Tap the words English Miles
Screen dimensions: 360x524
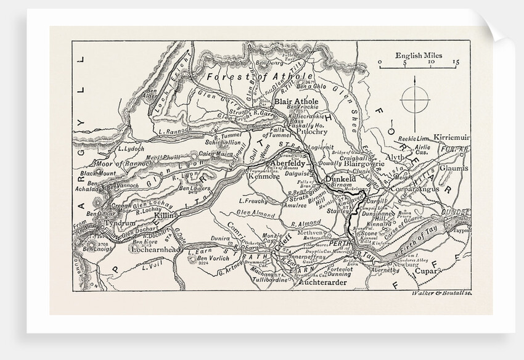[418, 55]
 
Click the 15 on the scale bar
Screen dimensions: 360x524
[455, 63]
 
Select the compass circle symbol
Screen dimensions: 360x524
[415, 99]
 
